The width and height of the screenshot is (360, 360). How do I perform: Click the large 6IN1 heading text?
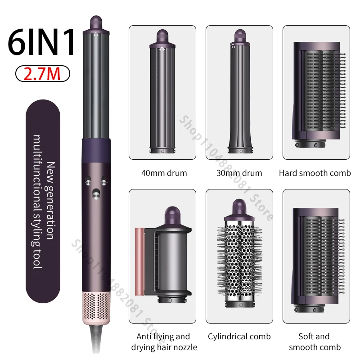point(41,42)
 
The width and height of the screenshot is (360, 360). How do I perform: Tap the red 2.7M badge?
point(42,74)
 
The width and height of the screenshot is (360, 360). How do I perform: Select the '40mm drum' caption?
point(164,173)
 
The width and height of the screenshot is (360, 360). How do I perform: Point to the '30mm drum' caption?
point(239,173)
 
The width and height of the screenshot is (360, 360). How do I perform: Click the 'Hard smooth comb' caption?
point(315,173)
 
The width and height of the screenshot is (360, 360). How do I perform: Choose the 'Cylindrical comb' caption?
point(239,336)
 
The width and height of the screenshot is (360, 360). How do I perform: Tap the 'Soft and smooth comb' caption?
point(315,342)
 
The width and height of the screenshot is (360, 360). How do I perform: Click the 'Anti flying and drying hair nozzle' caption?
point(164,342)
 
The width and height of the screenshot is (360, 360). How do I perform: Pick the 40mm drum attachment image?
point(162,91)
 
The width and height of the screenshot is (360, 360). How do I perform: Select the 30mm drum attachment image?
point(240,91)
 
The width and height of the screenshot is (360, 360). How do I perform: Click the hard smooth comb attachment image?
point(319,94)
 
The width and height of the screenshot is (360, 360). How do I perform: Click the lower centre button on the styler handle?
point(96,194)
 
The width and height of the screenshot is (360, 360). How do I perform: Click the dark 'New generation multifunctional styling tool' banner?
point(43,201)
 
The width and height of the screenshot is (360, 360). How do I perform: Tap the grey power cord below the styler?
point(96,339)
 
